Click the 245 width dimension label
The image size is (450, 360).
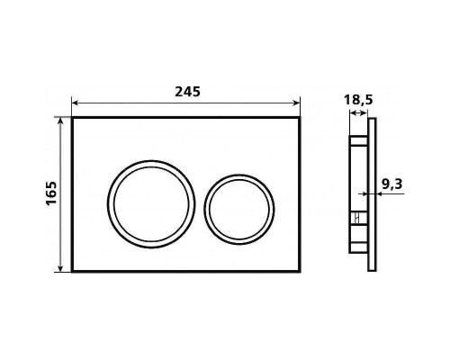[x=187, y=92]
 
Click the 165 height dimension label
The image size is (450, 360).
[x=51, y=193]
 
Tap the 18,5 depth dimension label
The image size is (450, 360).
[x=358, y=100]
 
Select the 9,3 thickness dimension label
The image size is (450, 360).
[x=391, y=184]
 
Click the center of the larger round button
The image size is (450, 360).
[x=151, y=204]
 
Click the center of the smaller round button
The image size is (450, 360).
[x=239, y=210]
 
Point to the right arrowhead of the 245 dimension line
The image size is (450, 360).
[x=296, y=103]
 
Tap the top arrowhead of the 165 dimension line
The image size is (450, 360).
[x=61, y=121]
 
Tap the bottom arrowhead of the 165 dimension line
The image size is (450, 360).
[x=61, y=268]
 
